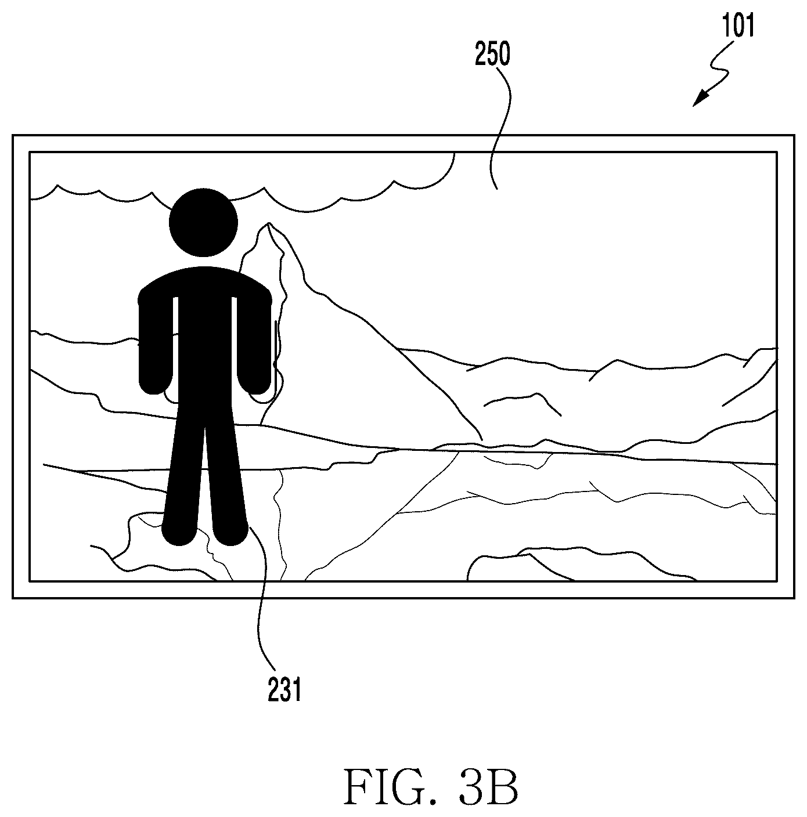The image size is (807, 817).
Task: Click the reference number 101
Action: tap(738, 26)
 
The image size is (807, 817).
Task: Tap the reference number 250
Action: tap(492, 55)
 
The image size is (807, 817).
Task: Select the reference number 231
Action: tap(284, 689)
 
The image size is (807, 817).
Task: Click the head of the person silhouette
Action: tap(203, 223)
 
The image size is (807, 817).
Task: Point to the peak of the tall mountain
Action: tap(269, 223)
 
